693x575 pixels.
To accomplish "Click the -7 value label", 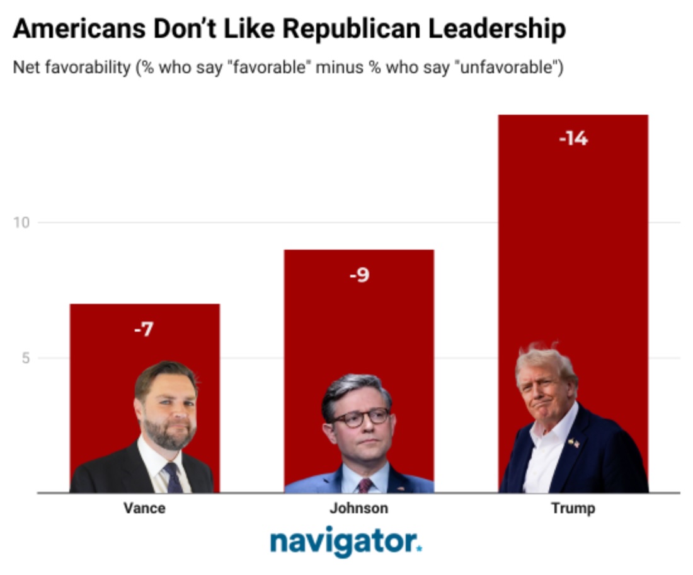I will (x=144, y=329).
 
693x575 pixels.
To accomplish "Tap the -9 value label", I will (x=359, y=276).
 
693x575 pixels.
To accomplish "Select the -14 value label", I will (x=573, y=138).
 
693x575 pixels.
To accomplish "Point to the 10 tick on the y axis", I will (x=23, y=223).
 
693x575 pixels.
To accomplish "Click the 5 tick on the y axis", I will (x=26, y=358).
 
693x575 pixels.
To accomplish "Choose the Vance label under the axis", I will (x=144, y=508).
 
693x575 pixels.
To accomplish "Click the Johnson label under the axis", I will (x=358, y=508).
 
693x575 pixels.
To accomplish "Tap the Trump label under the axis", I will (x=573, y=508).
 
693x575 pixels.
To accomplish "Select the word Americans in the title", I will (x=76, y=29).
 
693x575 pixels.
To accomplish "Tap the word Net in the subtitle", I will (x=25, y=67).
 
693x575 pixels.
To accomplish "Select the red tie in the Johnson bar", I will (x=365, y=485).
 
